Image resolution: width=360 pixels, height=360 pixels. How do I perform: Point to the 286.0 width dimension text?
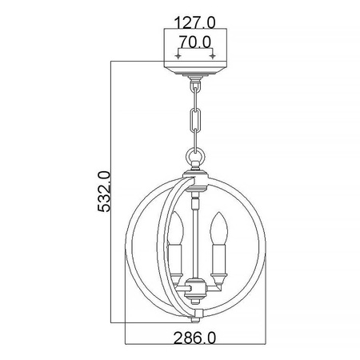[194, 338]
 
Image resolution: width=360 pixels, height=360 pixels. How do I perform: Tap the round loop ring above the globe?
[194, 158]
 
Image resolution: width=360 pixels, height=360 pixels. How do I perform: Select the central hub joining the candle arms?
[194, 289]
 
